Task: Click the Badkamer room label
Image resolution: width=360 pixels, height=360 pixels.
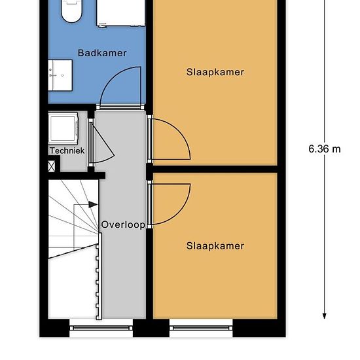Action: pos(101,53)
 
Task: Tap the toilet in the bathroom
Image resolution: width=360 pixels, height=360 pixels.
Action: pos(70,10)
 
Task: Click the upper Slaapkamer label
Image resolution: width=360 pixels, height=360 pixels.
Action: pos(215,72)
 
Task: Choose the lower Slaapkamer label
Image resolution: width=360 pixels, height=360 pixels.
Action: pos(215,246)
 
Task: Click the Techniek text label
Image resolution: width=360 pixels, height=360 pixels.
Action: pos(67,151)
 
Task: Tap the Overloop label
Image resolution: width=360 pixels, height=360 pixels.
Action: pos(122,225)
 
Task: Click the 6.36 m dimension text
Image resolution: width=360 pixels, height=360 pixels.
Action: pos(325,149)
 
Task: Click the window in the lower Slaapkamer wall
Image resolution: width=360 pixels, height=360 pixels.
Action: pos(201,327)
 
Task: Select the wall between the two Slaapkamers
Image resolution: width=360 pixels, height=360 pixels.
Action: pos(215,169)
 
